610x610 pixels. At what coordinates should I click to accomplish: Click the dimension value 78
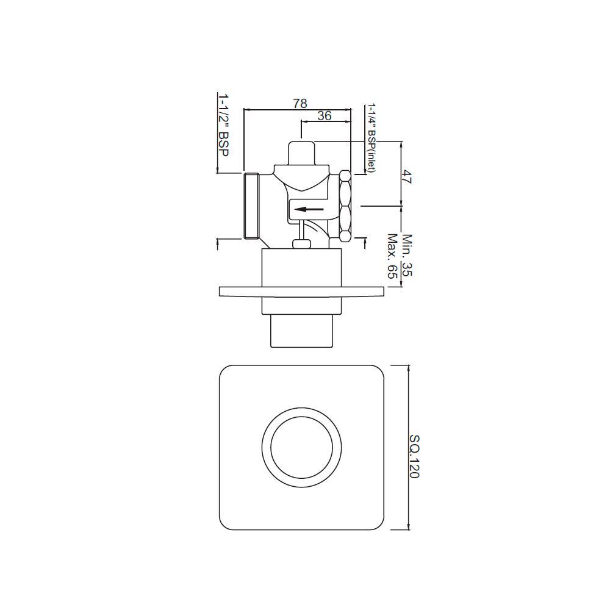pos(300,103)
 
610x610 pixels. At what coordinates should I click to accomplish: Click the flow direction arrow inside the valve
pos(308,209)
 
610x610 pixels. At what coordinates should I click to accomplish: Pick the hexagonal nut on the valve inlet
pos(345,206)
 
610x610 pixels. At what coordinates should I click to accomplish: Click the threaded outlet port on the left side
pos(251,206)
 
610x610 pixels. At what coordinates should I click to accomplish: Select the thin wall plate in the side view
pos(301,292)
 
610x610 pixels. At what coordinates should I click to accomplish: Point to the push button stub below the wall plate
pos(301,331)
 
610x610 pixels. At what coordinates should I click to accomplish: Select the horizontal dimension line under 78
pos(297,110)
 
